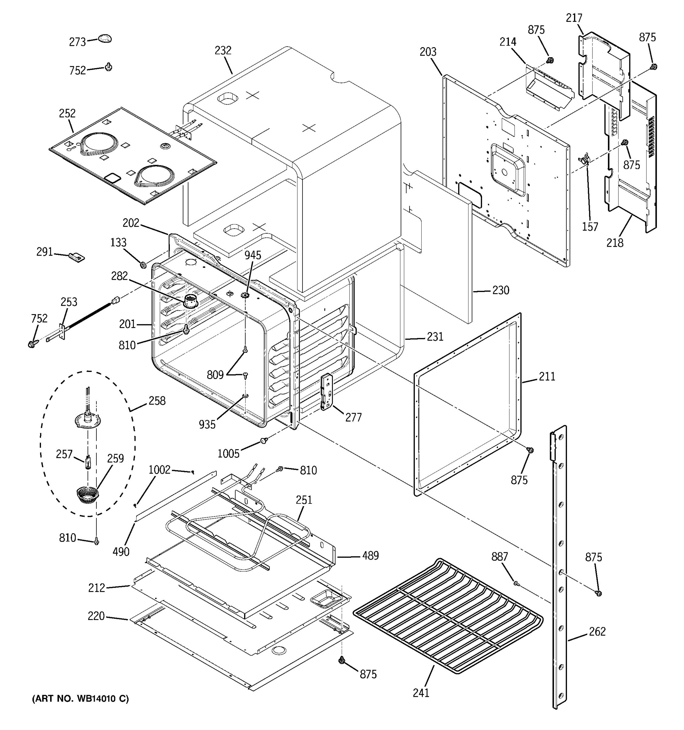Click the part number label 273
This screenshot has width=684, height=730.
click(x=78, y=42)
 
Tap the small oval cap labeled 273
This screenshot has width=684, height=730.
click(x=105, y=38)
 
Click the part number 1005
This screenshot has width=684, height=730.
click(x=228, y=454)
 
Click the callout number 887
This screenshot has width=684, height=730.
click(x=499, y=557)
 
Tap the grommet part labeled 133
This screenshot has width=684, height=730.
click(x=143, y=264)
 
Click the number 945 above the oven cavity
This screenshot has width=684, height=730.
click(x=253, y=255)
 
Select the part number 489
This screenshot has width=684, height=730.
click(x=370, y=556)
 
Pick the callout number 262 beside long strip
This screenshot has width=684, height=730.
click(x=597, y=631)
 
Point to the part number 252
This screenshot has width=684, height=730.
click(x=67, y=113)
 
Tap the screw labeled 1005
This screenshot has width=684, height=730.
click(x=264, y=440)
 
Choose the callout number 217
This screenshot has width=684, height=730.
click(x=574, y=18)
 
